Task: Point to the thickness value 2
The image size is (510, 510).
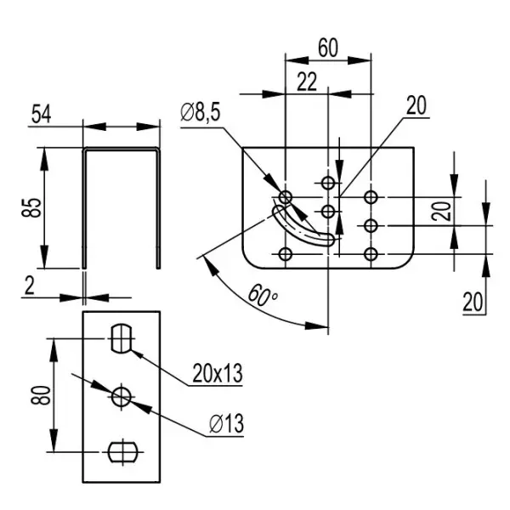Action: (30, 286)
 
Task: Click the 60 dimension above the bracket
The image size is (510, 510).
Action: (327, 48)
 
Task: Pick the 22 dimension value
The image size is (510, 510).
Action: (307, 82)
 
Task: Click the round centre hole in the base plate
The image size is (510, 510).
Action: (122, 395)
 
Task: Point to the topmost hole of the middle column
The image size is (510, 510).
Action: (328, 182)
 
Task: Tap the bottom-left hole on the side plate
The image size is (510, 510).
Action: (286, 253)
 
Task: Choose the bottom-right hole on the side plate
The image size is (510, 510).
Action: (371, 253)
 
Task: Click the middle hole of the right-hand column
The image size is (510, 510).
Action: (371, 225)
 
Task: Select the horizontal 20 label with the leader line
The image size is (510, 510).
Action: (416, 105)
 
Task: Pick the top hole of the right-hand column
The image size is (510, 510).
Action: (371, 197)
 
